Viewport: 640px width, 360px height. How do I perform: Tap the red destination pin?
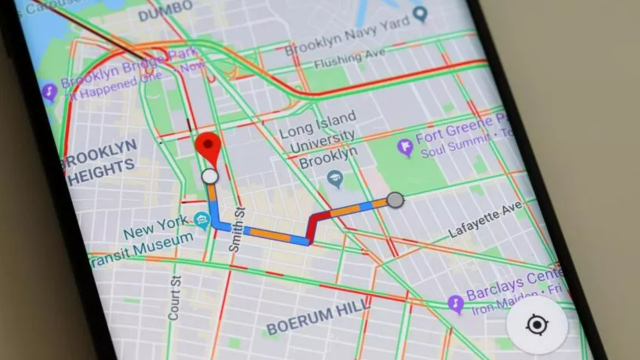click(208, 146)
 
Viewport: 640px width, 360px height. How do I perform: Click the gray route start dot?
click(395, 200)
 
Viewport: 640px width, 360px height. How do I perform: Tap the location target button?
click(537, 325)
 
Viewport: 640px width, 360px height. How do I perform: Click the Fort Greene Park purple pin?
click(405, 148)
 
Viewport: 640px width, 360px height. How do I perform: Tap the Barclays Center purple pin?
click(456, 300)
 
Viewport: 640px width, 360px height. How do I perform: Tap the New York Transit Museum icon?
click(203, 220)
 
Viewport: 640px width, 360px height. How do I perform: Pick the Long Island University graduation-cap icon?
click(336, 178)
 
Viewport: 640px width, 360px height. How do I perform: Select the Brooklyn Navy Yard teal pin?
click(421, 14)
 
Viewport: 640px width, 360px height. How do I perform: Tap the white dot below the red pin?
click(209, 177)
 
